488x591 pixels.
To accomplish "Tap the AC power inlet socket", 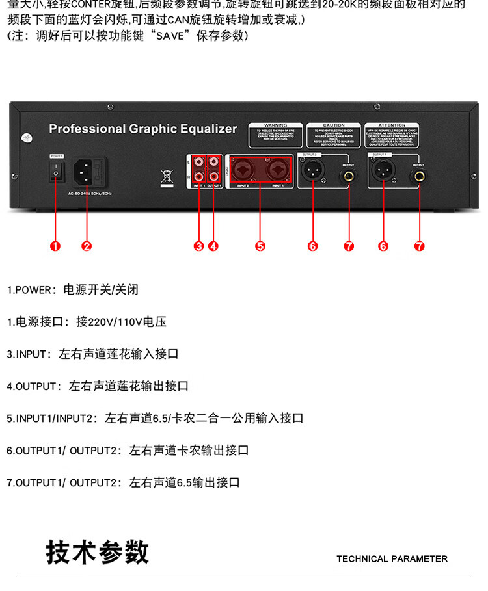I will (x=87, y=171).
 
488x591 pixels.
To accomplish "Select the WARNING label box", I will (x=275, y=136).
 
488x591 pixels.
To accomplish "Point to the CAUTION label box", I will (x=333, y=136).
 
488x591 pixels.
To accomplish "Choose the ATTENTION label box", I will (x=392, y=136).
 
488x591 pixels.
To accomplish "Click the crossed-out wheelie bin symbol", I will (x=166, y=176).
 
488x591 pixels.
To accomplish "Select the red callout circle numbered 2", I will (x=87, y=246).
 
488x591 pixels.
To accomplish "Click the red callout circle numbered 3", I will (x=198, y=246).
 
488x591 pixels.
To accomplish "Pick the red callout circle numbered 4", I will (x=213, y=246).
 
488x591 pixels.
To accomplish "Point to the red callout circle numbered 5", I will (x=260, y=246).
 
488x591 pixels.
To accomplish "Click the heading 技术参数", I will (x=98, y=553).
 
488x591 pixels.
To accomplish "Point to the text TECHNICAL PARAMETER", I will (x=392, y=558).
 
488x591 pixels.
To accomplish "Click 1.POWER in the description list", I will (x=29, y=290).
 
